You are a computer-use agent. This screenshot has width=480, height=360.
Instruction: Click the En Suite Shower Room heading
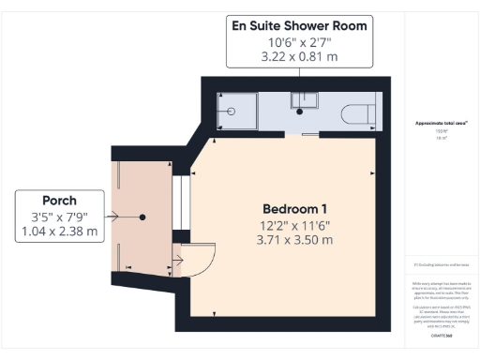click(300, 25)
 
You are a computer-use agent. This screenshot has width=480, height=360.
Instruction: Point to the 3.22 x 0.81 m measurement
click(300, 56)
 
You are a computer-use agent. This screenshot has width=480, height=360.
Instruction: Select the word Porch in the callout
click(59, 200)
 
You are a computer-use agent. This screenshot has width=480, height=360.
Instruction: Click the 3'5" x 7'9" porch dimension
click(59, 217)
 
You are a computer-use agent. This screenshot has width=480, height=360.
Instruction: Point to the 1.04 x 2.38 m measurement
click(59, 232)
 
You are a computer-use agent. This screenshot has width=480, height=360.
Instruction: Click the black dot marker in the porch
click(142, 217)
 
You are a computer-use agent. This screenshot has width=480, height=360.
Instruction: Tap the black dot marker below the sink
click(299, 112)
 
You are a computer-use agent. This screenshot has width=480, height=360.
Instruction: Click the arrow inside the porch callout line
click(113, 217)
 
